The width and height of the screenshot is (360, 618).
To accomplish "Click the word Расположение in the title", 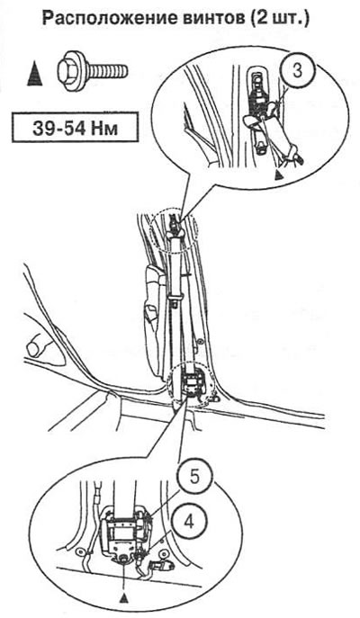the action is pyautogui.click(x=103, y=18).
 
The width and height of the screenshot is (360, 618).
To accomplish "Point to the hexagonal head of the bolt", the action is pyautogui.click(x=72, y=71).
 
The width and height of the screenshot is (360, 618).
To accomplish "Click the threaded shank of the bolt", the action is pyautogui.click(x=107, y=71).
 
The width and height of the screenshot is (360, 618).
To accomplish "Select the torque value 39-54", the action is pyautogui.click(x=58, y=128).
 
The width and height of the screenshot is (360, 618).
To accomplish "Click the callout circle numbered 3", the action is pyautogui.click(x=298, y=71).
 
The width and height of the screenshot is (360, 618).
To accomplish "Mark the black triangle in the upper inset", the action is pyautogui.click(x=279, y=174).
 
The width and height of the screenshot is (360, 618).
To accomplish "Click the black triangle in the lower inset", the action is pyautogui.click(x=124, y=597).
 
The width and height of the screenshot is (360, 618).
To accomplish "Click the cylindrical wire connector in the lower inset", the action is pyautogui.click(x=166, y=567).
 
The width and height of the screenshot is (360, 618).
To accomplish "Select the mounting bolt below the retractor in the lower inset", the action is pyautogui.click(x=124, y=559).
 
